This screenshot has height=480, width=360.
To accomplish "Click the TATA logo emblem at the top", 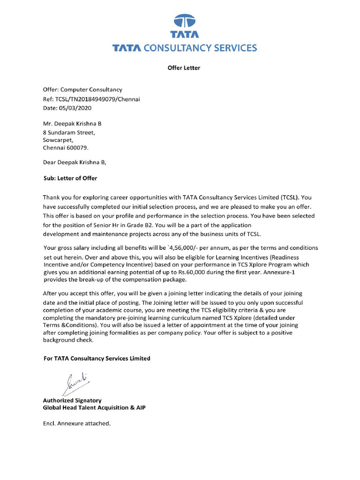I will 184,22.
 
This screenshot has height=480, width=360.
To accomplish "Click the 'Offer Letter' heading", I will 184,68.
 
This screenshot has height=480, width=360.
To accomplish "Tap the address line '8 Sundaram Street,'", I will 69,132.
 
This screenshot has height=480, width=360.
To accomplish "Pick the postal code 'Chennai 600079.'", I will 65,147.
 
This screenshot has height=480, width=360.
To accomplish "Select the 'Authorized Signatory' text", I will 72,400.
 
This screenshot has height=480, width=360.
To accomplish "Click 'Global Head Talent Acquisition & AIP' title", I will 94,408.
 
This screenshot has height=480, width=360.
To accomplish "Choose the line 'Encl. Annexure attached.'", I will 77,423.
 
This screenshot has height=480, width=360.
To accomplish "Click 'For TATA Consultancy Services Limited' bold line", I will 97,359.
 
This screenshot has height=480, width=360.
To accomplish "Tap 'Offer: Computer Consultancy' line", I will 82,90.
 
